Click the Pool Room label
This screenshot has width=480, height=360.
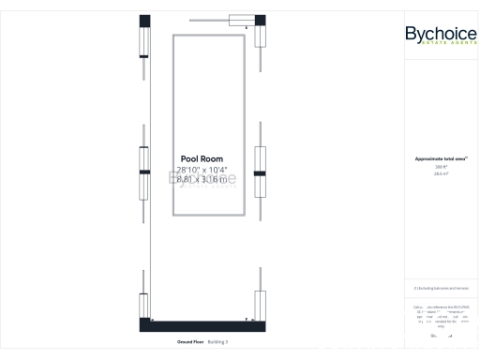(x=202, y=159)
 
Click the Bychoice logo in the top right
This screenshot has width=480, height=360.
(x=440, y=34)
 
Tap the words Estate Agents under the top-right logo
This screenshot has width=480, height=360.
(x=440, y=46)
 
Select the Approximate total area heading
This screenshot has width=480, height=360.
(x=440, y=159)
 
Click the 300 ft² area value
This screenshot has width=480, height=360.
(x=440, y=167)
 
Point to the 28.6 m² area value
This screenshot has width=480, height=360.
(x=440, y=173)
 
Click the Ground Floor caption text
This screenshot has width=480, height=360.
(x=189, y=342)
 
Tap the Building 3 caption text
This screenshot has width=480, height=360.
(x=217, y=342)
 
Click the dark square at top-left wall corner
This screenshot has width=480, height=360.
(x=144, y=21)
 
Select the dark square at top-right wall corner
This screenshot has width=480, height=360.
(x=260, y=21)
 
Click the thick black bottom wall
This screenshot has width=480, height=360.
(x=202, y=325)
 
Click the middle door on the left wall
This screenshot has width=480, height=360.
(x=144, y=173)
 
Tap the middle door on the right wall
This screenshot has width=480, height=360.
(x=261, y=173)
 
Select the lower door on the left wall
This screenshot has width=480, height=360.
(x=144, y=305)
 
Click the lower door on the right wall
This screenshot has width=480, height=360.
(x=261, y=305)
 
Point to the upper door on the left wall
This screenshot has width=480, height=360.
(x=144, y=42)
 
